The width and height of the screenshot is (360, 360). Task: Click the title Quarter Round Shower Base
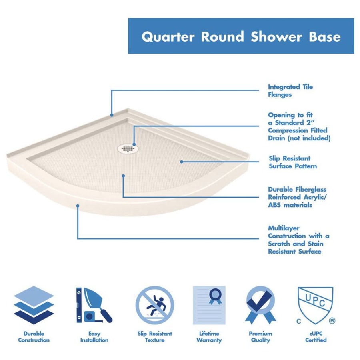(241, 37)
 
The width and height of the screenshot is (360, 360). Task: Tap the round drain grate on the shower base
(128, 149)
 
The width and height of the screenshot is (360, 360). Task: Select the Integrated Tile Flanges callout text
(290, 91)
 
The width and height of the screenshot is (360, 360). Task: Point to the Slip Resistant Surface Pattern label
(293, 162)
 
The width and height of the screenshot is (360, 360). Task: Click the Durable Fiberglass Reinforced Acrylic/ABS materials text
(297, 197)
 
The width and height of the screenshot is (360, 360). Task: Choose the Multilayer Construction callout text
(298, 240)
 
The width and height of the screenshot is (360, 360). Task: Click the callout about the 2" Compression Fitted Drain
(299, 126)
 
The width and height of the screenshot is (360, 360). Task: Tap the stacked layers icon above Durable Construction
(34, 305)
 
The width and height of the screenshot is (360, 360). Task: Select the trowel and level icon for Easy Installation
(94, 305)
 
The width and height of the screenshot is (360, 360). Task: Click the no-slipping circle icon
(154, 305)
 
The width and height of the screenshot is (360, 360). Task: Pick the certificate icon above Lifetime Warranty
(209, 305)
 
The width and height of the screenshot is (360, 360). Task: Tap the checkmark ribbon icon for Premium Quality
(260, 305)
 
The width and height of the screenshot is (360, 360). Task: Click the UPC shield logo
(315, 305)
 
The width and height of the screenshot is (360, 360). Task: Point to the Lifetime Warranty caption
(209, 337)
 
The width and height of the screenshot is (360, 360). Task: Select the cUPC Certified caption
(316, 337)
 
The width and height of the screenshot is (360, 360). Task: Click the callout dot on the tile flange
(112, 115)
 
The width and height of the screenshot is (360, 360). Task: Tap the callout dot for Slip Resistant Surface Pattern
(182, 162)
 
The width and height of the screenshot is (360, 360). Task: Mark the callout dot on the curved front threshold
(78, 206)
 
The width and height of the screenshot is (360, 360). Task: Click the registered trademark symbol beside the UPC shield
(332, 320)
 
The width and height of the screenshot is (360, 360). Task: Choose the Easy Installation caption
(94, 337)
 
